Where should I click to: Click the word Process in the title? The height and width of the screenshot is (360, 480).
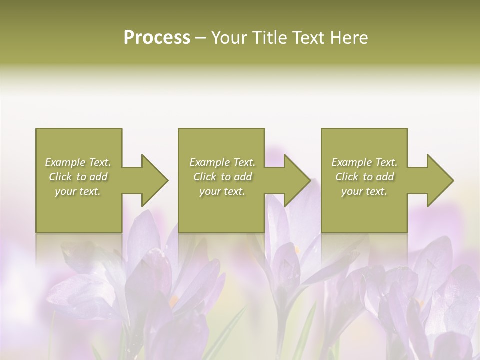point(157,38)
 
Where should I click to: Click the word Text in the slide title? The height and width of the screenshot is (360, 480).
point(309,38)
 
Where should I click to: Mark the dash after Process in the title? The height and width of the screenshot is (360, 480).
point(200,38)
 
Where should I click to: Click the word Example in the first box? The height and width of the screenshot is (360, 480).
point(65,162)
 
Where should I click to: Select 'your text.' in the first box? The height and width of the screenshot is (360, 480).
point(78,191)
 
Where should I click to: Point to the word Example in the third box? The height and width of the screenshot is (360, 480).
point(351,162)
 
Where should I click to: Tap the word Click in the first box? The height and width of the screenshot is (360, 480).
point(60,177)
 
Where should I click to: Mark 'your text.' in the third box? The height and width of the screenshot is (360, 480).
point(364,191)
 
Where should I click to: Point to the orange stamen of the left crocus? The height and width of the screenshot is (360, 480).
point(173,301)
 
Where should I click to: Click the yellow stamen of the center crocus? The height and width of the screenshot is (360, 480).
point(297,249)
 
